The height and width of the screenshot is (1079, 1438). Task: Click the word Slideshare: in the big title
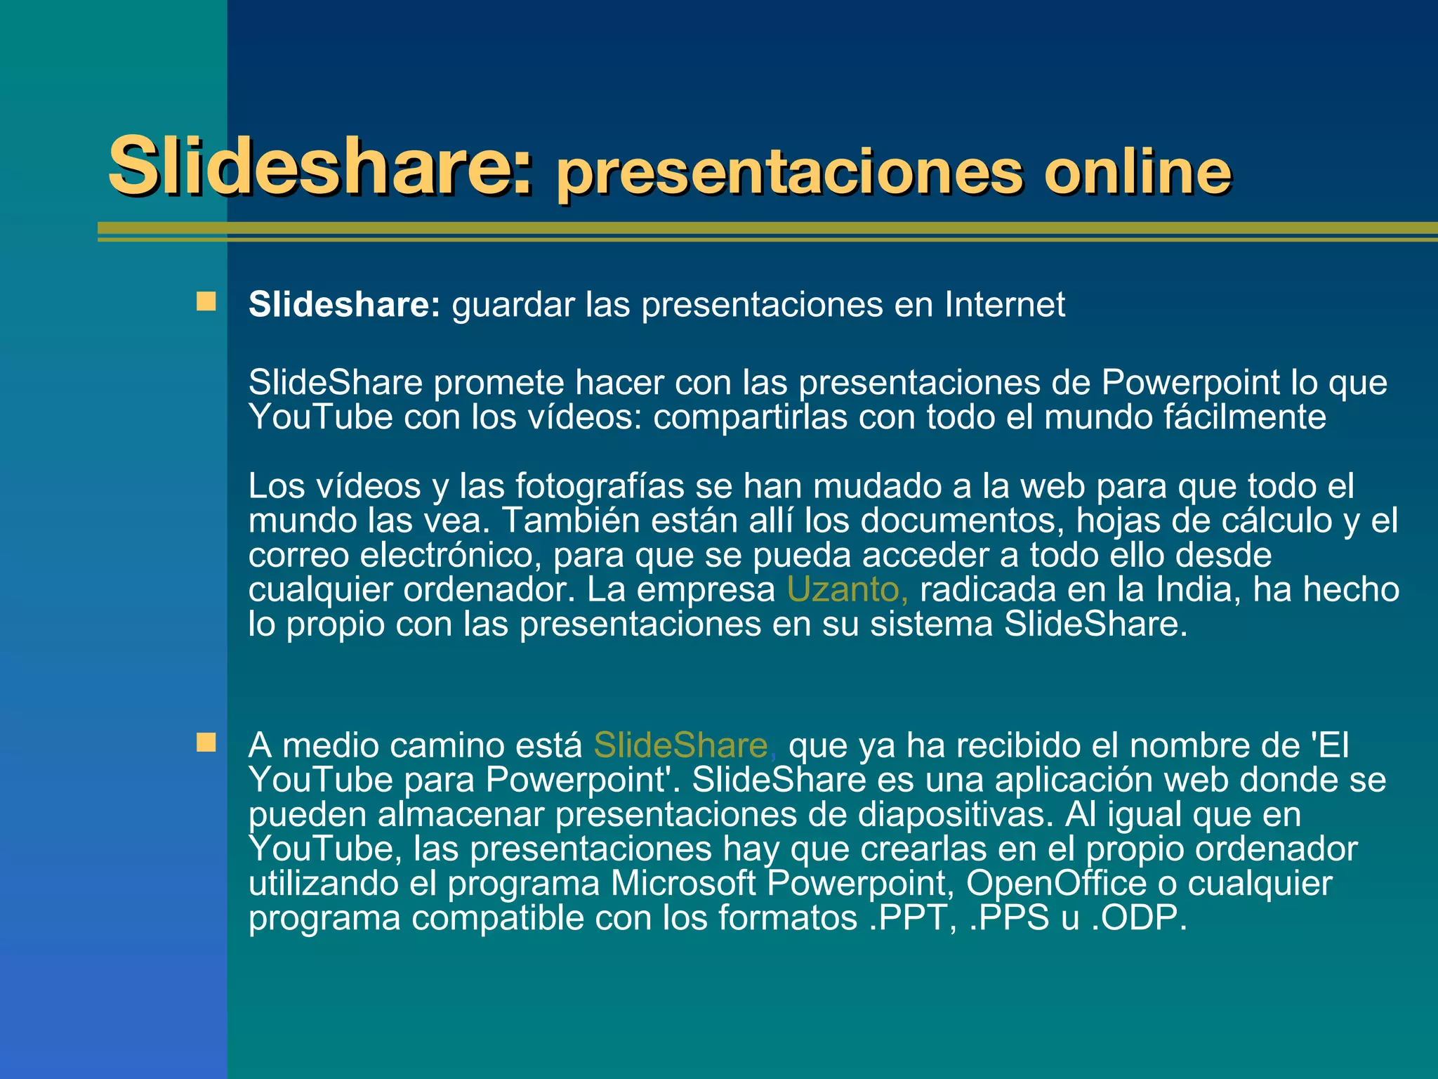[320, 166]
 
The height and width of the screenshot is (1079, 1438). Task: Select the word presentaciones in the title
[790, 174]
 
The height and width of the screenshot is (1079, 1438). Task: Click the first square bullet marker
[206, 302]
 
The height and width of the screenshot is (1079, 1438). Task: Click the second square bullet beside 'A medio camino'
[206, 743]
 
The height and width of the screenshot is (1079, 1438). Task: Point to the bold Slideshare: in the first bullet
[344, 305]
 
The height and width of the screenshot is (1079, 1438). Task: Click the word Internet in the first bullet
[1004, 305]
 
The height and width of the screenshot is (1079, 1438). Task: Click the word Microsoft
[683, 883]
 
